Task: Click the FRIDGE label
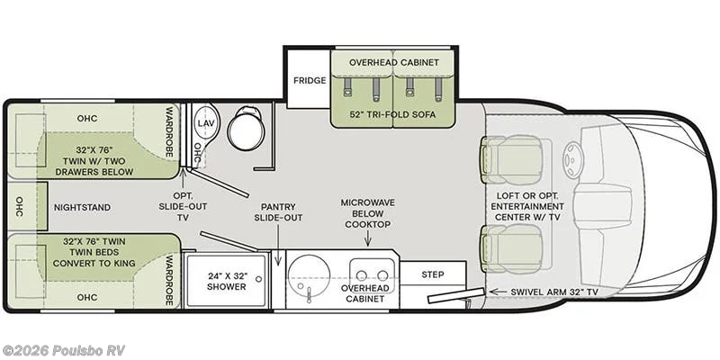(x=310, y=80)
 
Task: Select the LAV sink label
(x=204, y=123)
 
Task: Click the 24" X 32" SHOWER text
(x=227, y=281)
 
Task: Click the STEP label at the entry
(x=433, y=274)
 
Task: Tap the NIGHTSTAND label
(x=82, y=208)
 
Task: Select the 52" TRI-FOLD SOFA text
(x=392, y=114)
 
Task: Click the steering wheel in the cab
(x=572, y=159)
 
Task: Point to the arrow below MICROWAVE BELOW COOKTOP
(x=367, y=238)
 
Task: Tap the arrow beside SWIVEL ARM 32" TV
(x=497, y=292)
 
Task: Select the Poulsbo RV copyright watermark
(x=63, y=350)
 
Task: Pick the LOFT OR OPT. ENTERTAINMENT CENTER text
(x=527, y=207)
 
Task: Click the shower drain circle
(x=259, y=279)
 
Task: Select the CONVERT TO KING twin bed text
(x=94, y=263)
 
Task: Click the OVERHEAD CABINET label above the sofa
(x=394, y=62)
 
